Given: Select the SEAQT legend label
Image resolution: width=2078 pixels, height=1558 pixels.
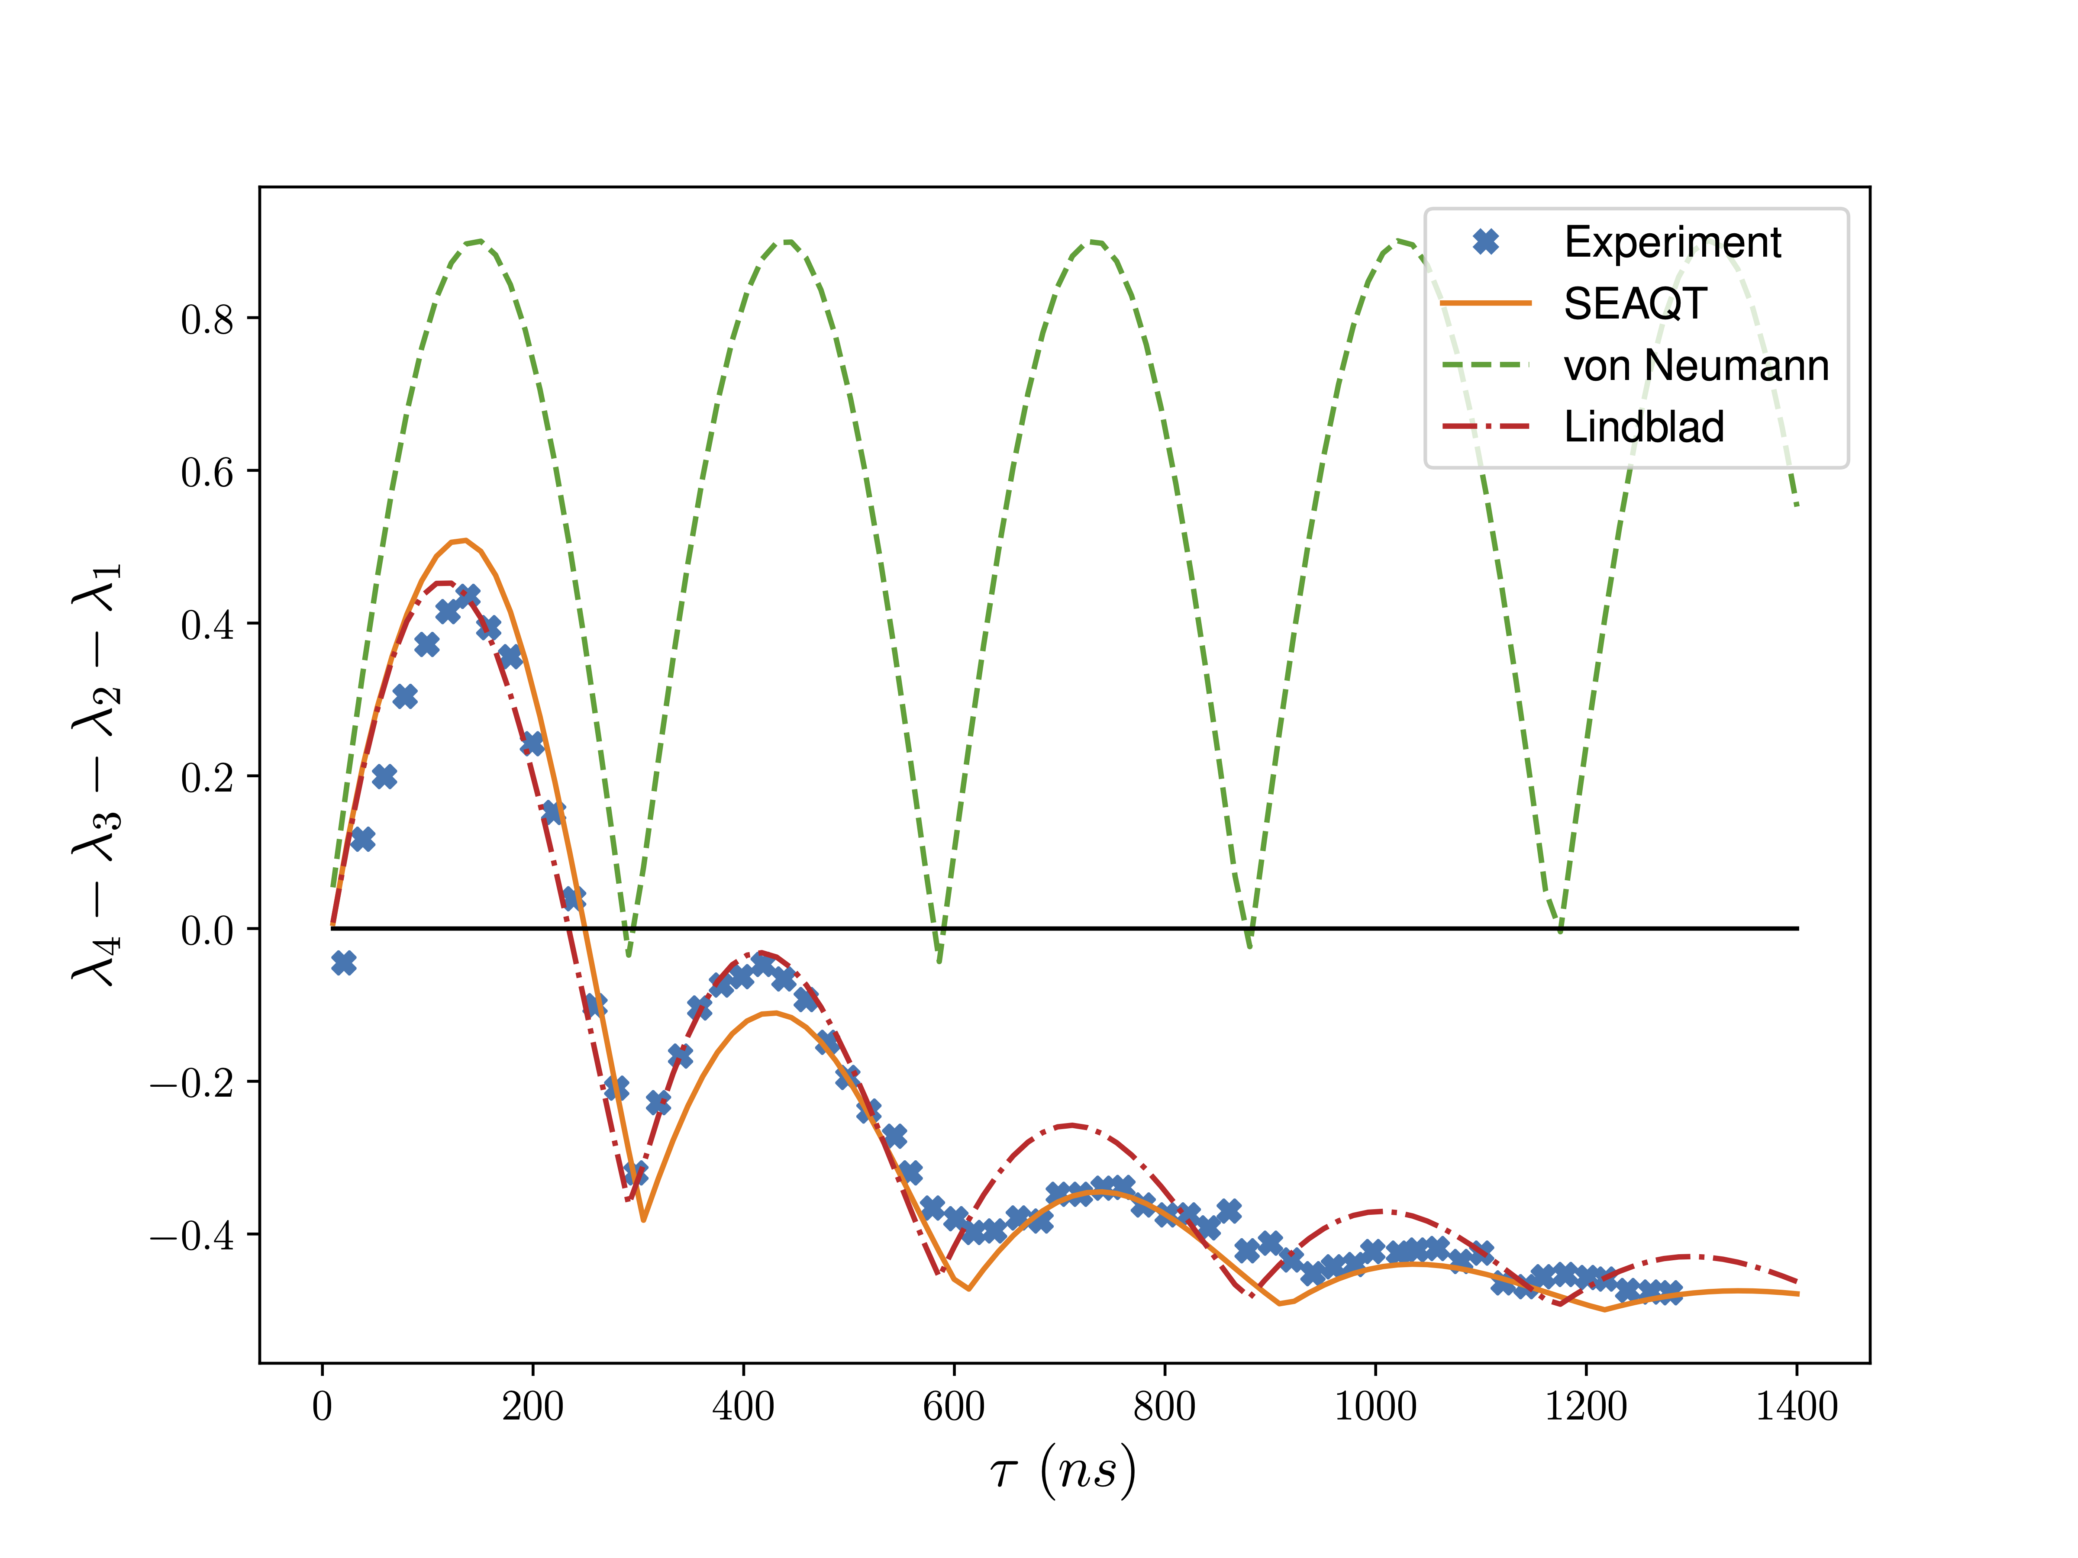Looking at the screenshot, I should (1635, 304).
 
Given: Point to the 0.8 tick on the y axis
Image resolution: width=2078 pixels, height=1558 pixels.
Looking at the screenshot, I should (207, 319).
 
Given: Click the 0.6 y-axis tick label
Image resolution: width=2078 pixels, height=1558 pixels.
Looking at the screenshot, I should (207, 471).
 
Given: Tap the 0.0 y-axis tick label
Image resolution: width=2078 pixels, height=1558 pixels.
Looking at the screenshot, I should (207, 930).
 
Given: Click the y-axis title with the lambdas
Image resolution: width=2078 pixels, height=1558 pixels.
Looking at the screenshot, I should (97, 775).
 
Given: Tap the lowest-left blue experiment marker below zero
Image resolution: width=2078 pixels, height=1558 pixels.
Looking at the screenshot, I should (344, 962).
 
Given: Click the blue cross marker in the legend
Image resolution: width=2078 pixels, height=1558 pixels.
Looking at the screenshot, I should (1485, 242).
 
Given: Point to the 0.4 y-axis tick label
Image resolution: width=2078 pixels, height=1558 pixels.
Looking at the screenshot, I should (207, 624).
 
